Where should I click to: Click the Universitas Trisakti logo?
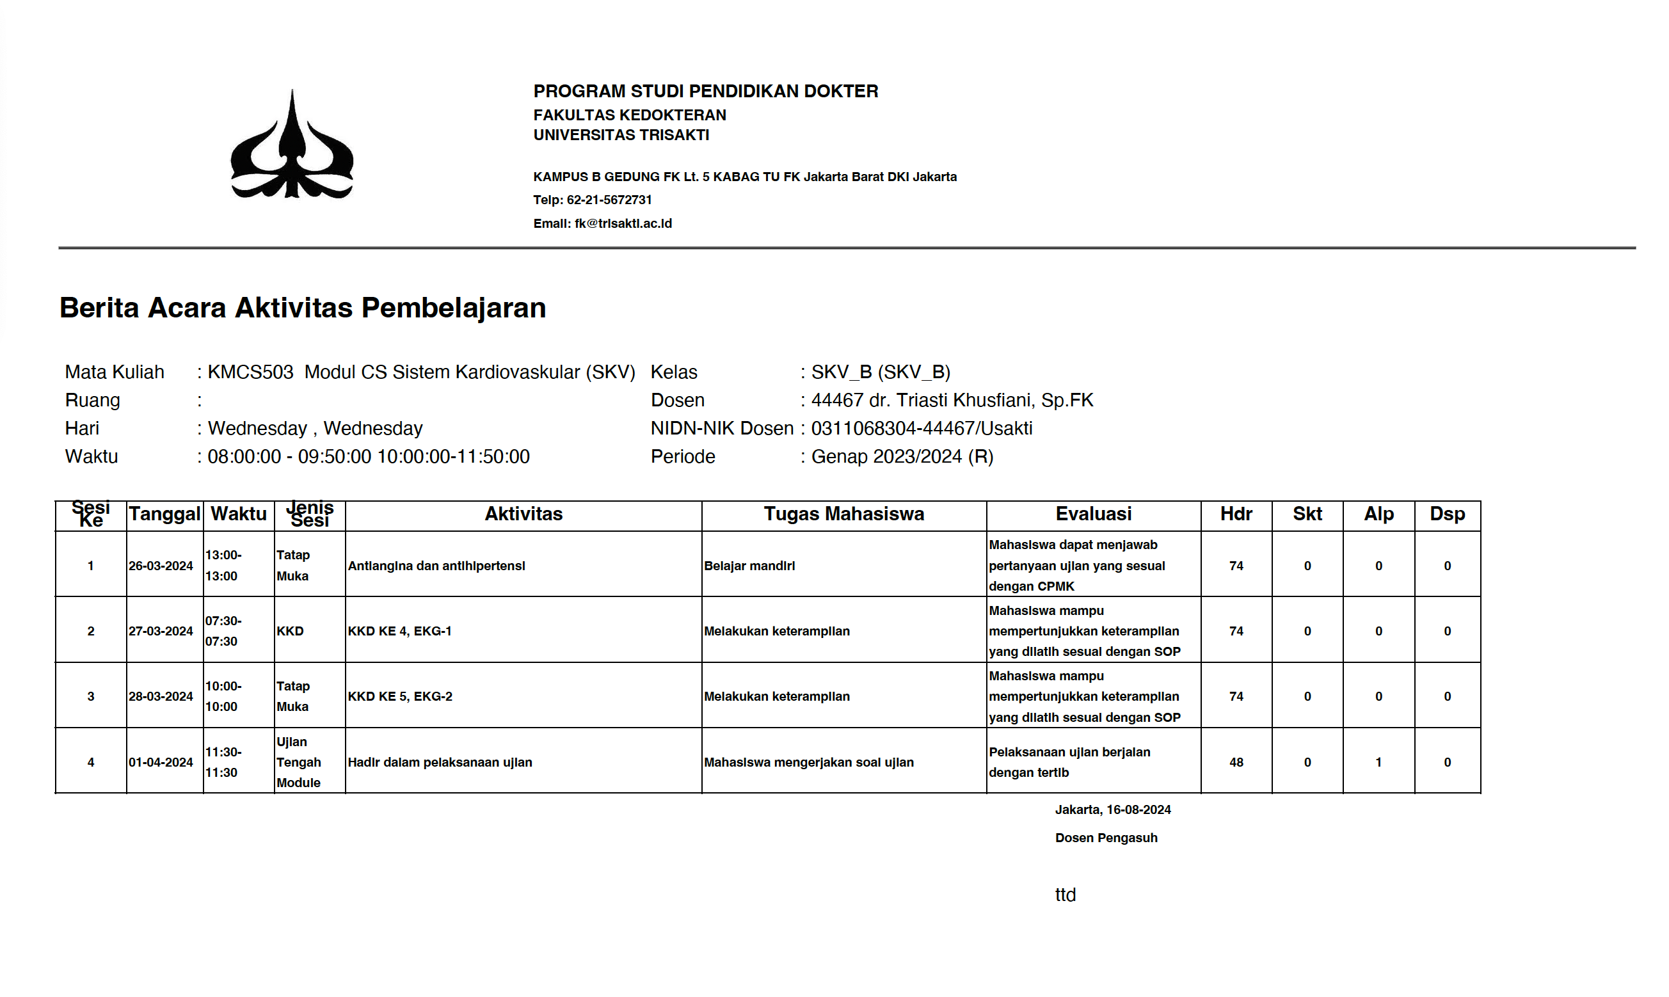pyautogui.click(x=292, y=145)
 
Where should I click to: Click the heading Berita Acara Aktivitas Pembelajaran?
pyautogui.click(x=302, y=308)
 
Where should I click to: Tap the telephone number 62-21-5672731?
pyautogui.click(x=609, y=200)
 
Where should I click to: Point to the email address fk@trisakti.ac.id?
pyautogui.click(x=623, y=224)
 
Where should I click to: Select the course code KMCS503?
pyautogui.click(x=250, y=372)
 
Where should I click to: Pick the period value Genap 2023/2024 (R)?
pyautogui.click(x=902, y=457)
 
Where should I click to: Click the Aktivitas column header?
pyautogui.click(x=523, y=514)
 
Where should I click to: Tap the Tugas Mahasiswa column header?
pyautogui.click(x=844, y=514)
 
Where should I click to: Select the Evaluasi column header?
pyautogui.click(x=1093, y=514)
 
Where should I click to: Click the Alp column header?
pyautogui.click(x=1378, y=514)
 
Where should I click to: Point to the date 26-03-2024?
pyautogui.click(x=161, y=566)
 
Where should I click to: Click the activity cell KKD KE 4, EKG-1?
pyautogui.click(x=399, y=631)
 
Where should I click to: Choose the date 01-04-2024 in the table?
pyautogui.click(x=161, y=762)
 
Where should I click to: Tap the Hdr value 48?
pyautogui.click(x=1236, y=762)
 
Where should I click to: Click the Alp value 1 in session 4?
pyautogui.click(x=1378, y=762)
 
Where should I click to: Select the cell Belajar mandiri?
pyautogui.click(x=749, y=566)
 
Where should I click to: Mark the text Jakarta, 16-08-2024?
pyautogui.click(x=1113, y=810)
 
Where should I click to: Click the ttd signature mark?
pyautogui.click(x=1065, y=895)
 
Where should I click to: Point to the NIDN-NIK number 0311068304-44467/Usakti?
pyautogui.click(x=921, y=429)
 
